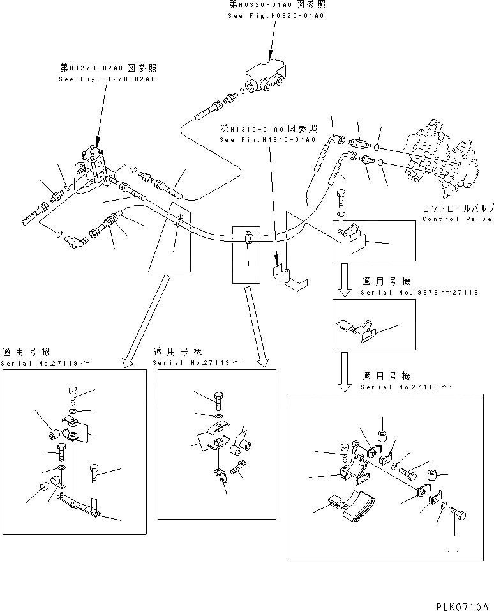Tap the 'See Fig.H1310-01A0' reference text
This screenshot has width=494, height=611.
coord(267,140)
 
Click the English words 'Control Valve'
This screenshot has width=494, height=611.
coord(456,219)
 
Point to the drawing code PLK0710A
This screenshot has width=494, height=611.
coord(462,605)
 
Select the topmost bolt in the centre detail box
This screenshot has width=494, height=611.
coord(218,399)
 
